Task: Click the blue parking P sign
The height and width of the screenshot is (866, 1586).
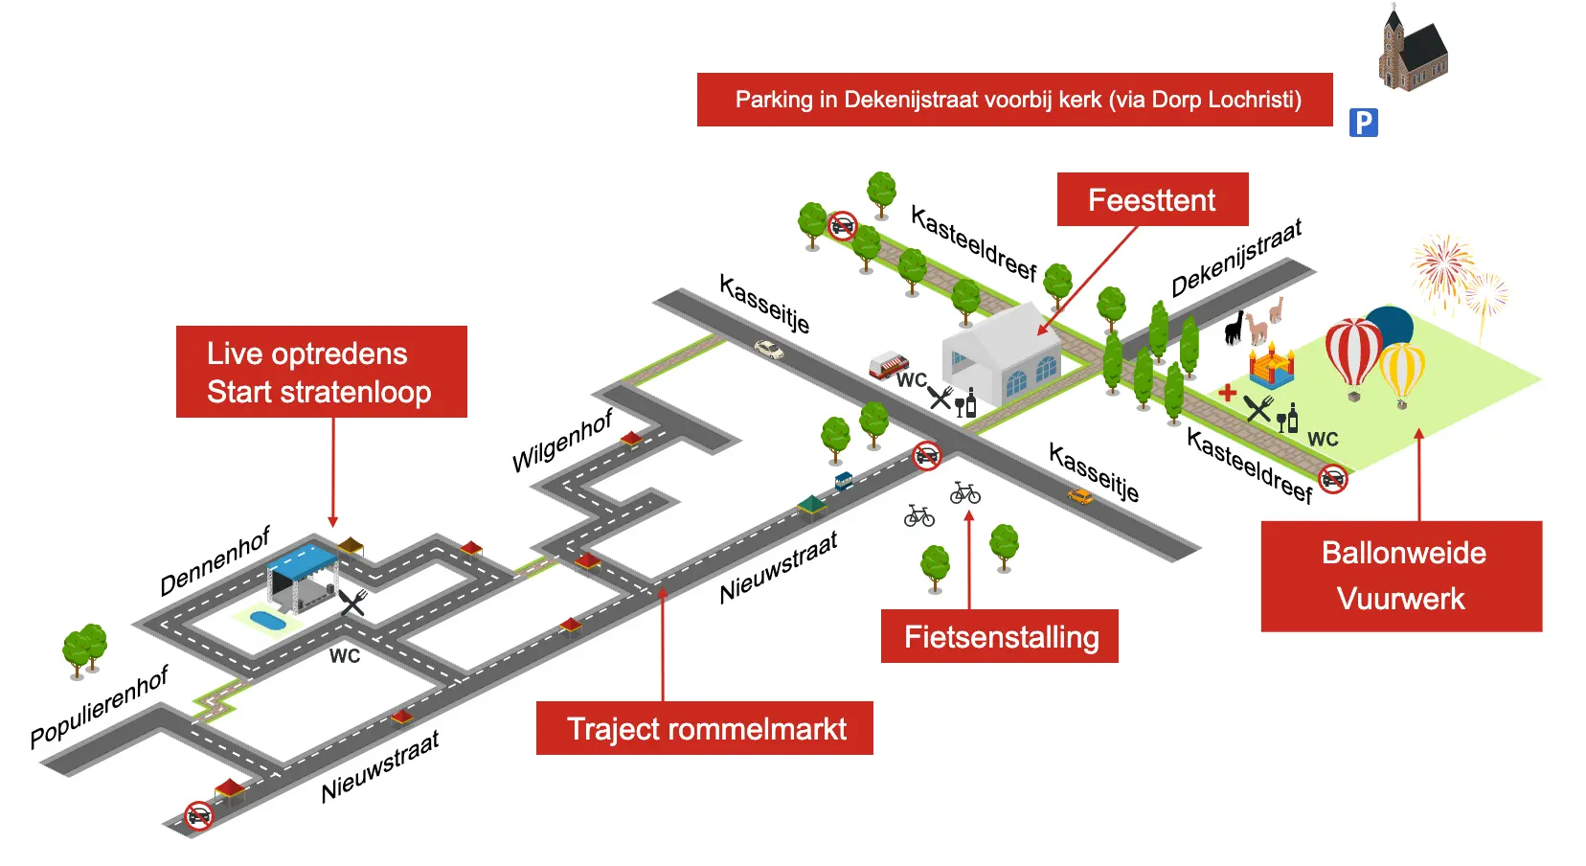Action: [x=1363, y=123]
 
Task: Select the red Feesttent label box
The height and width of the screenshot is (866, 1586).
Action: [x=1152, y=199]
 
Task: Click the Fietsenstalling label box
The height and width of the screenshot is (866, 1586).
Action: [x=1000, y=636]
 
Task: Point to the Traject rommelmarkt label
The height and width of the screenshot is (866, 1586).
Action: [x=705, y=728]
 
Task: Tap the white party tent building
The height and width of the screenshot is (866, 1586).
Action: [x=1001, y=354]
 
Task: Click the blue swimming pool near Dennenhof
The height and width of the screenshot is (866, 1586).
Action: [x=267, y=621]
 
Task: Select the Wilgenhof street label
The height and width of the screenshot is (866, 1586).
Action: [x=562, y=441]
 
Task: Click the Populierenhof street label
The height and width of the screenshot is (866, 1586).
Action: [x=99, y=706]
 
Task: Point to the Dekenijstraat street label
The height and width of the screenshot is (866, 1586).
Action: [x=1236, y=258]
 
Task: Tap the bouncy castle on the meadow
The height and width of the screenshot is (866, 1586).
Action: [x=1271, y=366]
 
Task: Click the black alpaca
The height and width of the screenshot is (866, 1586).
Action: [x=1235, y=329]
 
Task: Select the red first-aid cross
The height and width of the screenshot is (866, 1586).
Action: [x=1227, y=392]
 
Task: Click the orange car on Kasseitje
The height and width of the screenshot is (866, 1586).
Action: [x=1079, y=495]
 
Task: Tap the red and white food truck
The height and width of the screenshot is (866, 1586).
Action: [x=888, y=365]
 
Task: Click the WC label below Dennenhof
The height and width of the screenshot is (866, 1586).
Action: [x=345, y=656]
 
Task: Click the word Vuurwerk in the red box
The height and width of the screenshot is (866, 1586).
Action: [x=1401, y=599]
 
